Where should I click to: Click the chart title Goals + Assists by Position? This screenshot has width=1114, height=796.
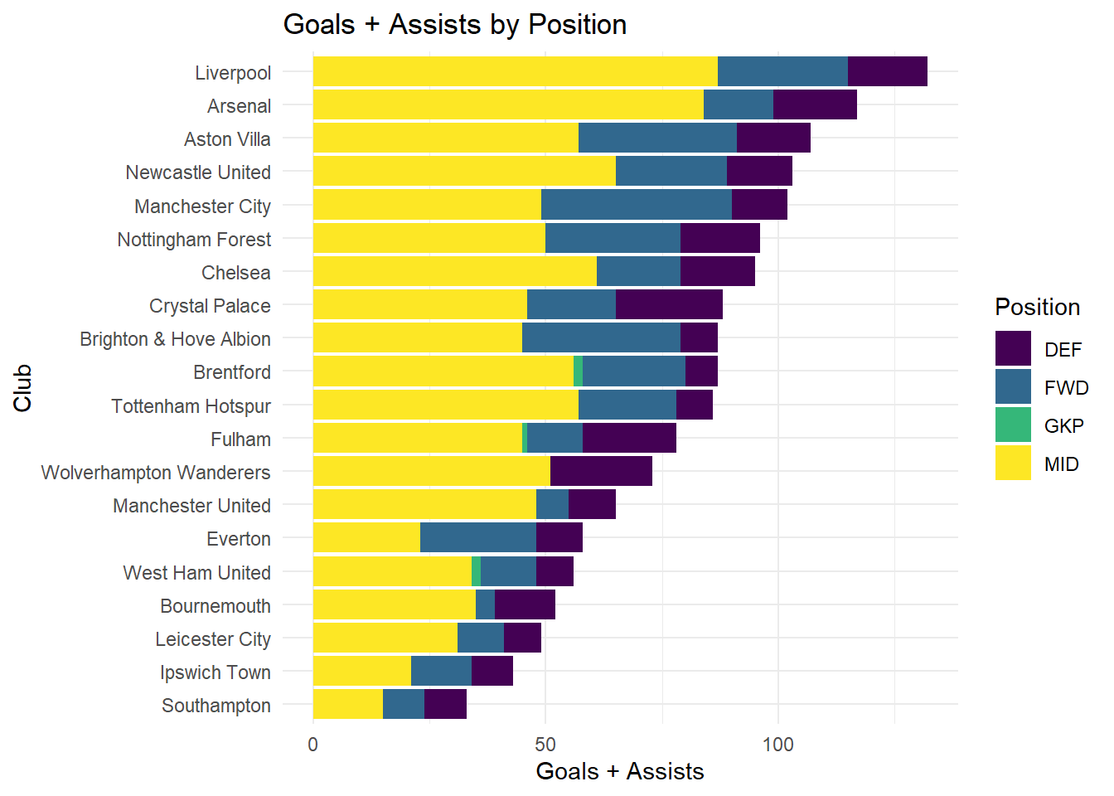pyautogui.click(x=454, y=25)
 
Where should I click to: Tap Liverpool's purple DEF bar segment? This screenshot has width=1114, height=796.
pyautogui.click(x=887, y=72)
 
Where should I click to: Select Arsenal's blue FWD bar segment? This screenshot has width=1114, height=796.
pyautogui.click(x=738, y=105)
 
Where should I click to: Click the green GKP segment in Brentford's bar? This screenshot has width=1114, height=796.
pyautogui.click(x=578, y=371)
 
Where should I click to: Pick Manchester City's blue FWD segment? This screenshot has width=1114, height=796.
pyautogui.click(x=636, y=205)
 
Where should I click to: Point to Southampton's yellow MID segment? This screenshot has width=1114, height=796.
pyautogui.click(x=347, y=705)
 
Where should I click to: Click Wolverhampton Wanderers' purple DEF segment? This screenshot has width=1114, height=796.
pyautogui.click(x=601, y=472)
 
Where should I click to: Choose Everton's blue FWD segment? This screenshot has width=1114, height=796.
pyautogui.click(x=477, y=538)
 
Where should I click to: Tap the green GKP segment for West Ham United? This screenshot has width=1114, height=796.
pyautogui.click(x=476, y=571)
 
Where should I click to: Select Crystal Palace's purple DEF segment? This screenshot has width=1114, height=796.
pyautogui.click(x=669, y=305)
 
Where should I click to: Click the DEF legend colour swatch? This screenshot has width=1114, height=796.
pyautogui.click(x=1013, y=349)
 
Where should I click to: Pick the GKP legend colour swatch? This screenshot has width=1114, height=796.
pyautogui.click(x=1013, y=425)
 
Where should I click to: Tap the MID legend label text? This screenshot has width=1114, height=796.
pyautogui.click(x=1061, y=464)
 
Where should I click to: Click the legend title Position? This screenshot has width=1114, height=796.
pyautogui.click(x=1037, y=308)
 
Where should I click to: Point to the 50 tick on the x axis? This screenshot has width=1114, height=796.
pyautogui.click(x=545, y=745)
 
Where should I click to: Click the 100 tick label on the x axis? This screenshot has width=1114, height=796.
pyautogui.click(x=777, y=745)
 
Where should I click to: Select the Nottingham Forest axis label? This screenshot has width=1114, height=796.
pyautogui.click(x=194, y=240)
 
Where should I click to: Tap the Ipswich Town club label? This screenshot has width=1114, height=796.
pyautogui.click(x=215, y=672)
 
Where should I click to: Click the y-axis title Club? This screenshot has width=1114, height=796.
pyautogui.click(x=22, y=388)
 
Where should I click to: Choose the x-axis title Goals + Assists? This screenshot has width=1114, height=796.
pyautogui.click(x=619, y=772)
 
